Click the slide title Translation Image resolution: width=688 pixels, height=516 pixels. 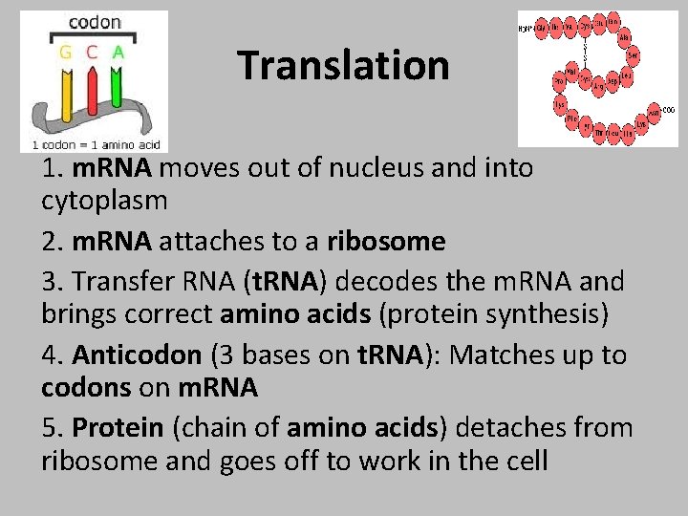click(343, 66)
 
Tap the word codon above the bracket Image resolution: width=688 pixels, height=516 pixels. click(94, 22)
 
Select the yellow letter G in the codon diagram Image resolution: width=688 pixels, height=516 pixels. click(66, 53)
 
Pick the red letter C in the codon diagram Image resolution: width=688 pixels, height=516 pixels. click(92, 53)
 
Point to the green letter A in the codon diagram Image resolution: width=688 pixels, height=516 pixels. click(118, 53)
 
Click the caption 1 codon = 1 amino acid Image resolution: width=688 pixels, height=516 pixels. click(94, 144)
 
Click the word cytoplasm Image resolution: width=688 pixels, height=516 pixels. click(104, 202)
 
